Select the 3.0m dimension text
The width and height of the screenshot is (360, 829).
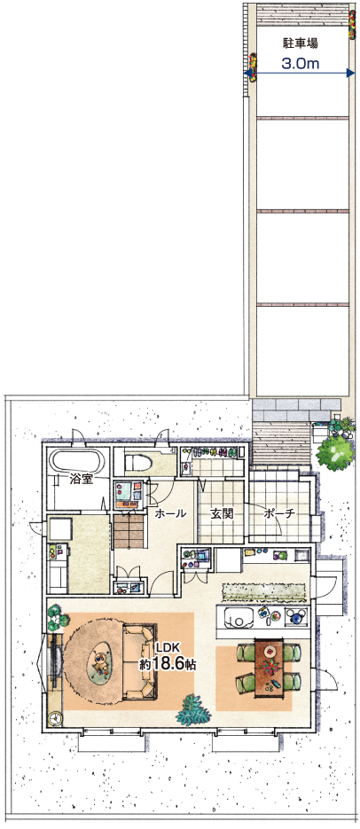pos(300,64)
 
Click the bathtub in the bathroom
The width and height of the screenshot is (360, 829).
pos(78,462)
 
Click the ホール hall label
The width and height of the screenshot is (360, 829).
pos(170,512)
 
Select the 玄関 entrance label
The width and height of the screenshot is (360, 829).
pos(221,512)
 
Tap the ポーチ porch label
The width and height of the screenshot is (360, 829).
pos(278,512)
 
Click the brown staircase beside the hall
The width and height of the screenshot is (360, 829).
pos(129,531)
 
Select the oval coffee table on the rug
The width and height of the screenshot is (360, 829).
pos(101,662)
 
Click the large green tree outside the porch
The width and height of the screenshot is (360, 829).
pos(335,451)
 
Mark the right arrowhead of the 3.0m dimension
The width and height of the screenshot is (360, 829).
pos(350,73)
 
